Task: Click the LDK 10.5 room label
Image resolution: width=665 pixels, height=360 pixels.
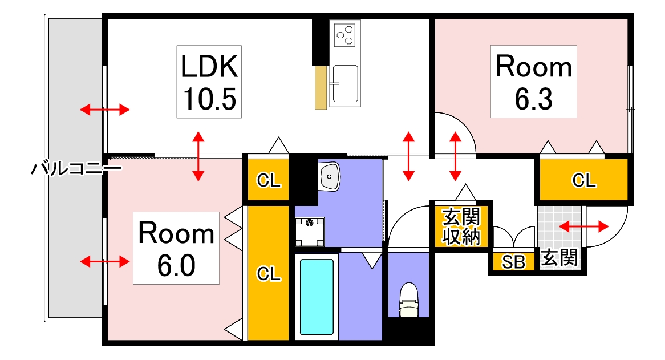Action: [209, 82]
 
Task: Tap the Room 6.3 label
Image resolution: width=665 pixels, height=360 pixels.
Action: [533, 82]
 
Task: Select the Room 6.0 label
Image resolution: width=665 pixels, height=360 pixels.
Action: [176, 248]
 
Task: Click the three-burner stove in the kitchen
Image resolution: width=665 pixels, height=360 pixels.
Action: [345, 35]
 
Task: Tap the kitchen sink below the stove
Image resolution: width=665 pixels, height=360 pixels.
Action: [345, 84]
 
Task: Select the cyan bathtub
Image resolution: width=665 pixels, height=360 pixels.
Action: [317, 297]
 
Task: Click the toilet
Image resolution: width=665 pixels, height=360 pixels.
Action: [409, 300]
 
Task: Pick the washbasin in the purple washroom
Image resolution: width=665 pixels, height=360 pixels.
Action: [330, 176]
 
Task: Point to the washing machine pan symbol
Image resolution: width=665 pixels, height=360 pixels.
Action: [310, 232]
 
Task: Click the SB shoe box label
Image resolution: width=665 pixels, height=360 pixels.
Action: [514, 262]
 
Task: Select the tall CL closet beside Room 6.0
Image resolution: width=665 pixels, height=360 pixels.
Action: [268, 273]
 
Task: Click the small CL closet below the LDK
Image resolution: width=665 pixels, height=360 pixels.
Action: [268, 180]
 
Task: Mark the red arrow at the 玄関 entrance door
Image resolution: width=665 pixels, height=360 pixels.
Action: [583, 227]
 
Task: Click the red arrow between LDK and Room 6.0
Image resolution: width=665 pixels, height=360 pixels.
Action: [198, 156]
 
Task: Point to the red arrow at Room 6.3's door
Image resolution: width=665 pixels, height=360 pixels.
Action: [455, 156]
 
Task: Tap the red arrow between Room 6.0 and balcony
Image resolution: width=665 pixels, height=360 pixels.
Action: [105, 262]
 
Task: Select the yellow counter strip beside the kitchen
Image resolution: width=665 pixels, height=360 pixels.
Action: [321, 88]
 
